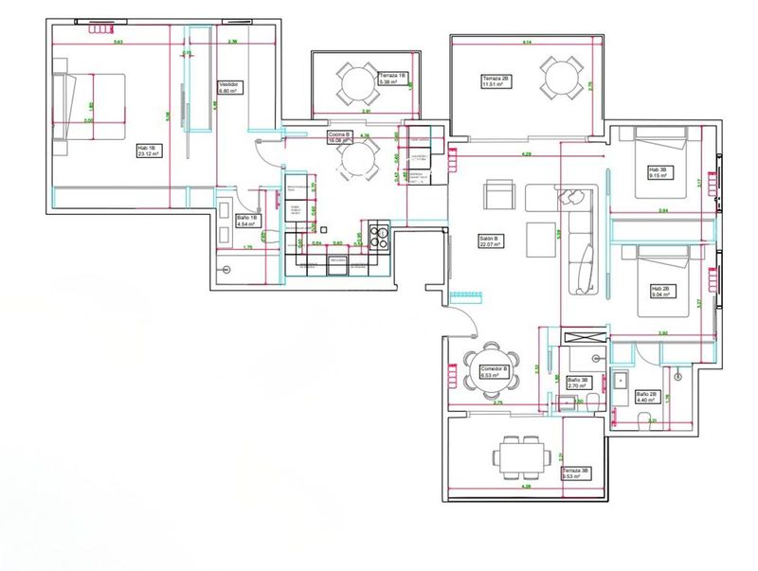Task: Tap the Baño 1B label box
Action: point(248,223)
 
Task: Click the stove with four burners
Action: point(379,233)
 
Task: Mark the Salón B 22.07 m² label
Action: point(490,241)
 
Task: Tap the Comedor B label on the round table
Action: point(495,371)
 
